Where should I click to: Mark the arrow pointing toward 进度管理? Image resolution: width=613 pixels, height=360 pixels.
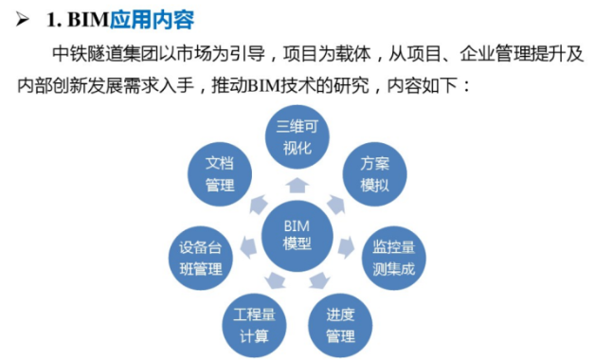(319, 279)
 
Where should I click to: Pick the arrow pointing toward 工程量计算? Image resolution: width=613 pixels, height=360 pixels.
(275, 279)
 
